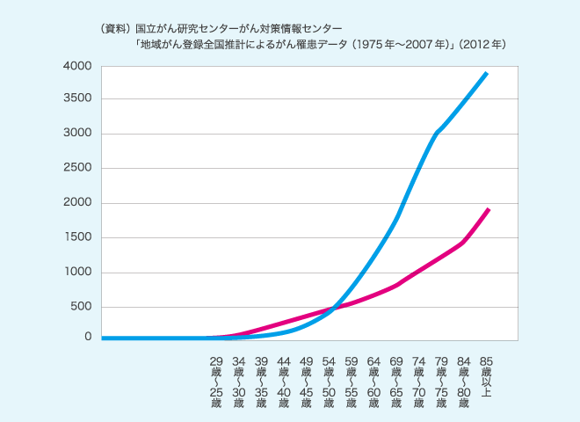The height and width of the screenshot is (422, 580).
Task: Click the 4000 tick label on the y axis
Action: point(76,67)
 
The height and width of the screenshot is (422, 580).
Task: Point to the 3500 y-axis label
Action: point(76,98)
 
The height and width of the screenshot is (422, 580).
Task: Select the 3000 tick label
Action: point(76,134)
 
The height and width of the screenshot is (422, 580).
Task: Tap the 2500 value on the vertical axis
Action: point(76,168)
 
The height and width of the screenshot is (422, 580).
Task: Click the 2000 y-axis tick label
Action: point(76,203)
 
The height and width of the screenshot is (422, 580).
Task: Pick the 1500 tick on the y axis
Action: point(76,237)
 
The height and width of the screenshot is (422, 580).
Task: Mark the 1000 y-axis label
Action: point(76,273)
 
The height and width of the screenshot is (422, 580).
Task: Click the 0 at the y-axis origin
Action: point(87,337)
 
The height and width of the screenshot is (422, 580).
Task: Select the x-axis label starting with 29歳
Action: point(215,382)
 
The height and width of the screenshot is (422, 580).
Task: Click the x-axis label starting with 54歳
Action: point(329,382)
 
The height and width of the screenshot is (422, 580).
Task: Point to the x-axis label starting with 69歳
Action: point(396,382)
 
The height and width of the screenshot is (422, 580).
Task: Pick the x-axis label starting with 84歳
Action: point(465,382)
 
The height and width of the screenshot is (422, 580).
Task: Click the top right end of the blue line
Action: point(487,73)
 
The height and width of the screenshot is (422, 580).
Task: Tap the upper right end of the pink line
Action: point(488,209)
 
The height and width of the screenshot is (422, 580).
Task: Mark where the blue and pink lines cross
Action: point(333,309)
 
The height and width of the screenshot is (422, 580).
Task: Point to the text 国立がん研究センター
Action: point(180,28)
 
